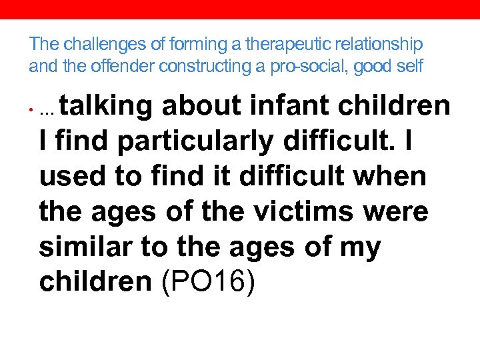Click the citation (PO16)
pos(207,283)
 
